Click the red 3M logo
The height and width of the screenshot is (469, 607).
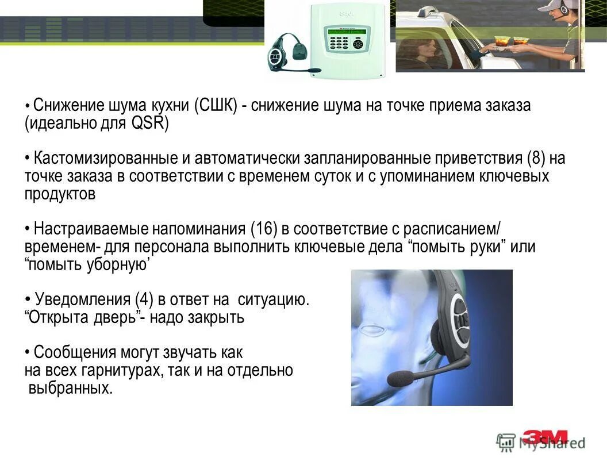click(x=545, y=437)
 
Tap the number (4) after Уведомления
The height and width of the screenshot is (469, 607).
click(x=144, y=299)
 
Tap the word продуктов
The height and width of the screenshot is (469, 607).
click(x=60, y=194)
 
